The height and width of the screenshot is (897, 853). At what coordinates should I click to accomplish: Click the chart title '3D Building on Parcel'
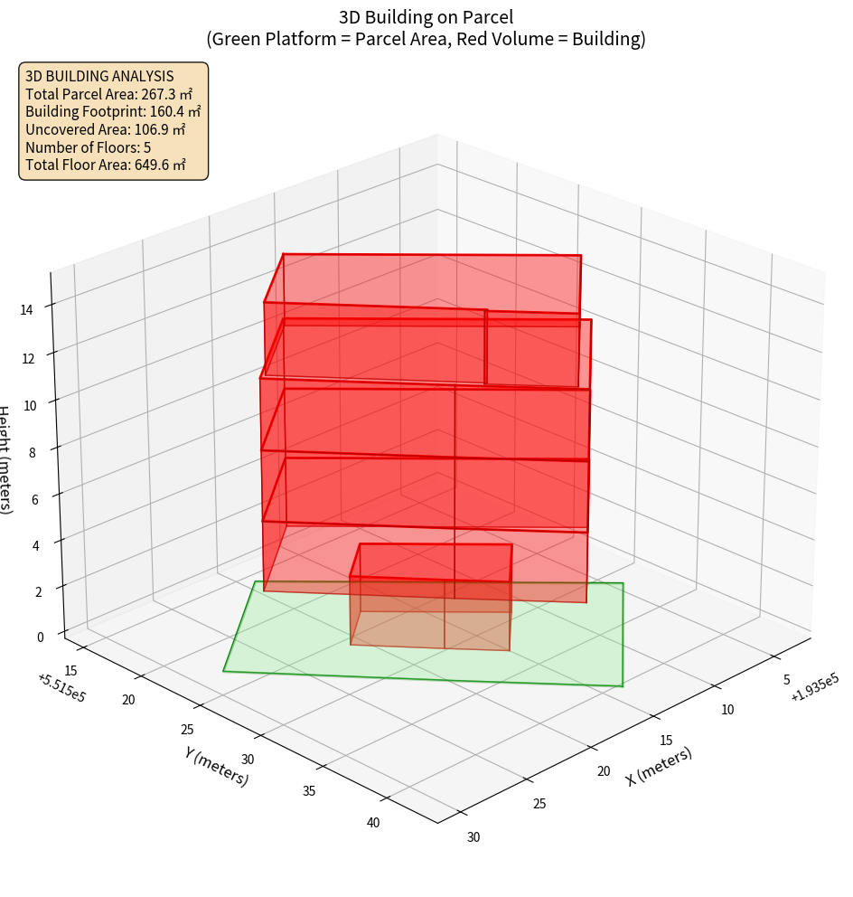tap(426, 17)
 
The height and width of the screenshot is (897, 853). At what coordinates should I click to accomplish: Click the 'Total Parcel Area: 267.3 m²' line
tap(109, 94)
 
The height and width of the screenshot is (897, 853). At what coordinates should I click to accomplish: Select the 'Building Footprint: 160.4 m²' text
tap(113, 111)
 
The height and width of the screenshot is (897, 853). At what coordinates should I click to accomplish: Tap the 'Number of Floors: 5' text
tap(89, 147)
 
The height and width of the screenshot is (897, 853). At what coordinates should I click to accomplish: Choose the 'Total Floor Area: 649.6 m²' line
tap(106, 165)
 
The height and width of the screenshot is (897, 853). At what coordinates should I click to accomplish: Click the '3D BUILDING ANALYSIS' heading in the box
tap(99, 76)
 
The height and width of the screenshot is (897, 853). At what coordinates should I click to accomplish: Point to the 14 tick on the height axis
tap(27, 310)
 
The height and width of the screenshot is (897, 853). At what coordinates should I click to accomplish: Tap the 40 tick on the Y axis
tap(373, 823)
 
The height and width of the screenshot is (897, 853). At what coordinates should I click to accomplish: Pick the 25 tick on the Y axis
tap(187, 730)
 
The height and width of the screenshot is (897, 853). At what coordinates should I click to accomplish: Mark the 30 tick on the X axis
tap(473, 836)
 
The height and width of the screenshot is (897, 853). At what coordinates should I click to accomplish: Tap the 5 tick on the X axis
tap(786, 679)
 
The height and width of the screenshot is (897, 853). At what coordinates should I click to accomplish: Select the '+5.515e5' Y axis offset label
tap(61, 688)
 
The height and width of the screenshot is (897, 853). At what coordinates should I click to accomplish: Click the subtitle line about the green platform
tap(426, 39)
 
